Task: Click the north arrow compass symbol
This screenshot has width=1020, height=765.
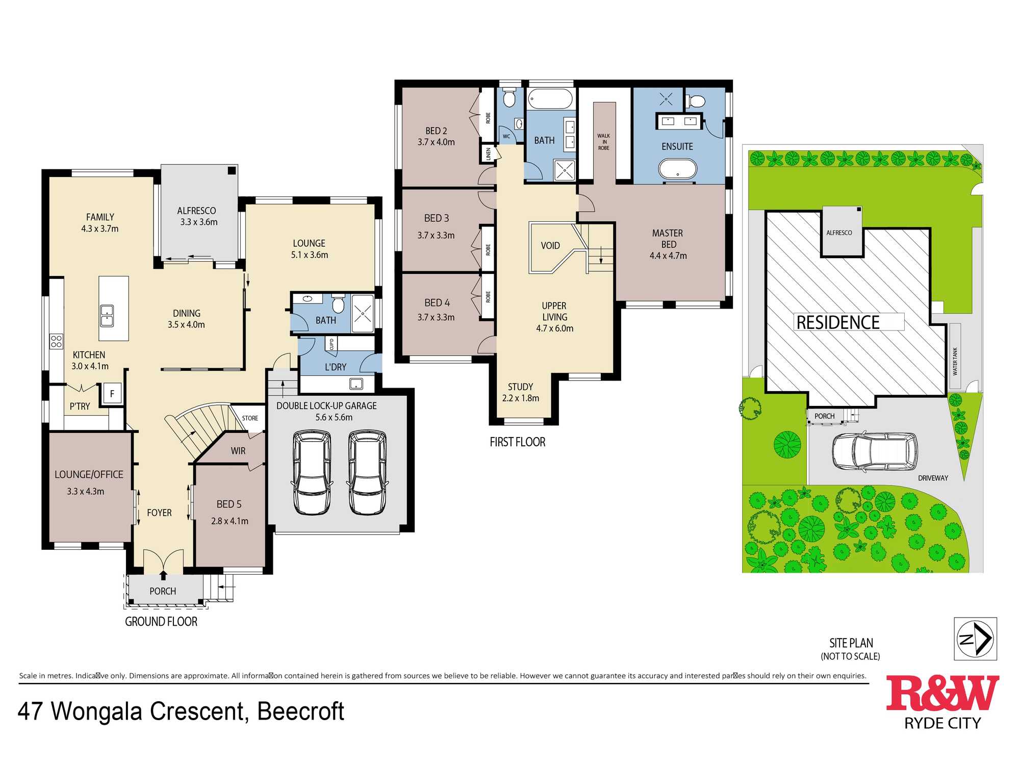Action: [975, 639]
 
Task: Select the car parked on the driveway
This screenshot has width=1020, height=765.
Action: [874, 451]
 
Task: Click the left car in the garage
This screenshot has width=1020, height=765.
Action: [312, 472]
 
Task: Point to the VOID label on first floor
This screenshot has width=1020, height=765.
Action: [550, 246]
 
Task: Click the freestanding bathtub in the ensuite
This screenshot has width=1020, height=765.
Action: [677, 168]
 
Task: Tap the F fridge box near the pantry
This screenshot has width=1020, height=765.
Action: [112, 394]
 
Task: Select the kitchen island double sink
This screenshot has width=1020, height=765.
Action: [107, 316]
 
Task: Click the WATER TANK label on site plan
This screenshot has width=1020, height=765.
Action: [955, 361]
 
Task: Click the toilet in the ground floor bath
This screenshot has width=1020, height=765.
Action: [338, 304]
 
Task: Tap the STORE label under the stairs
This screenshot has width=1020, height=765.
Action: [250, 418]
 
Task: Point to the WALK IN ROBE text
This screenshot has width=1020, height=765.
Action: [604, 142]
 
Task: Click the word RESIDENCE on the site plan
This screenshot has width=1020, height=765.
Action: [838, 322]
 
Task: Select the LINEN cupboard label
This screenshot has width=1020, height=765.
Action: [488, 154]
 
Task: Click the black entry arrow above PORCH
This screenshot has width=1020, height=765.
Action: [163, 575]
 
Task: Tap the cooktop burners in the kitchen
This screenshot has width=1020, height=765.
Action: [56, 341]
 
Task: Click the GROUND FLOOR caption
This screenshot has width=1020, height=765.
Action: [161, 622]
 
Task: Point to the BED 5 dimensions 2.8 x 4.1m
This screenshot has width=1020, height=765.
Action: [229, 521]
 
